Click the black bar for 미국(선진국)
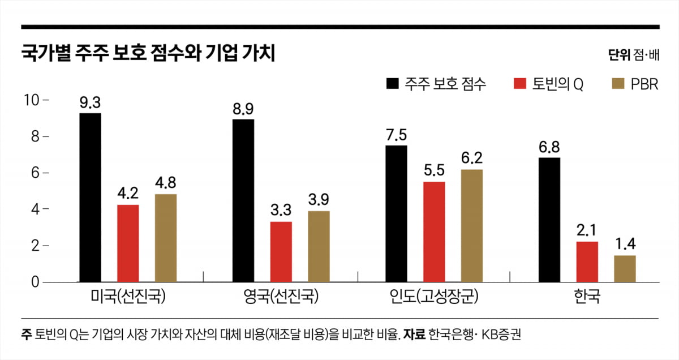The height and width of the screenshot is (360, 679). coord(90,198)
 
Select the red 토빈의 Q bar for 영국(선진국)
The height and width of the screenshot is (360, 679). coord(281,252)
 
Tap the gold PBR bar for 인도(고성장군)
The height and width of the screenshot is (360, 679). coord(472,225)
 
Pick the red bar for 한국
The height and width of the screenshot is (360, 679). coord(587,262)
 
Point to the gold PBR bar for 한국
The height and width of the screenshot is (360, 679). coord(625,269)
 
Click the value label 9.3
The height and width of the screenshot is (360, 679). coord(90,103)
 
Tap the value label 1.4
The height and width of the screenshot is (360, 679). coord(625,245)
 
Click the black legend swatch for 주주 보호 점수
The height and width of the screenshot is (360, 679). coord(392,84)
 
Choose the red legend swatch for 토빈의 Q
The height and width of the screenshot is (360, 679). coord(520,84)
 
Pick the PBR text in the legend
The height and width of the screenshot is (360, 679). coord(644,84)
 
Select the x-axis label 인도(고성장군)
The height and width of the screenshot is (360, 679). coord(433,297)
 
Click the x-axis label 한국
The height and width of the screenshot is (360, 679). coord(586,297)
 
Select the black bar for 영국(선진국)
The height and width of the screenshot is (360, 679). coord(243,200)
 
